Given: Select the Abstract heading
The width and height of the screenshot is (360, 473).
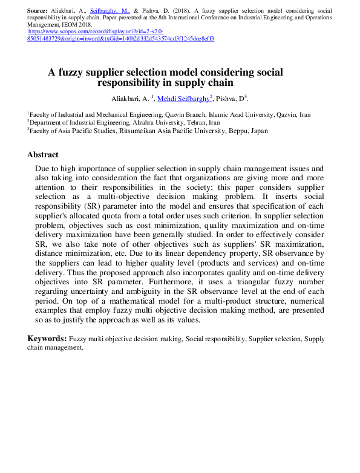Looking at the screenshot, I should pos(43,154).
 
